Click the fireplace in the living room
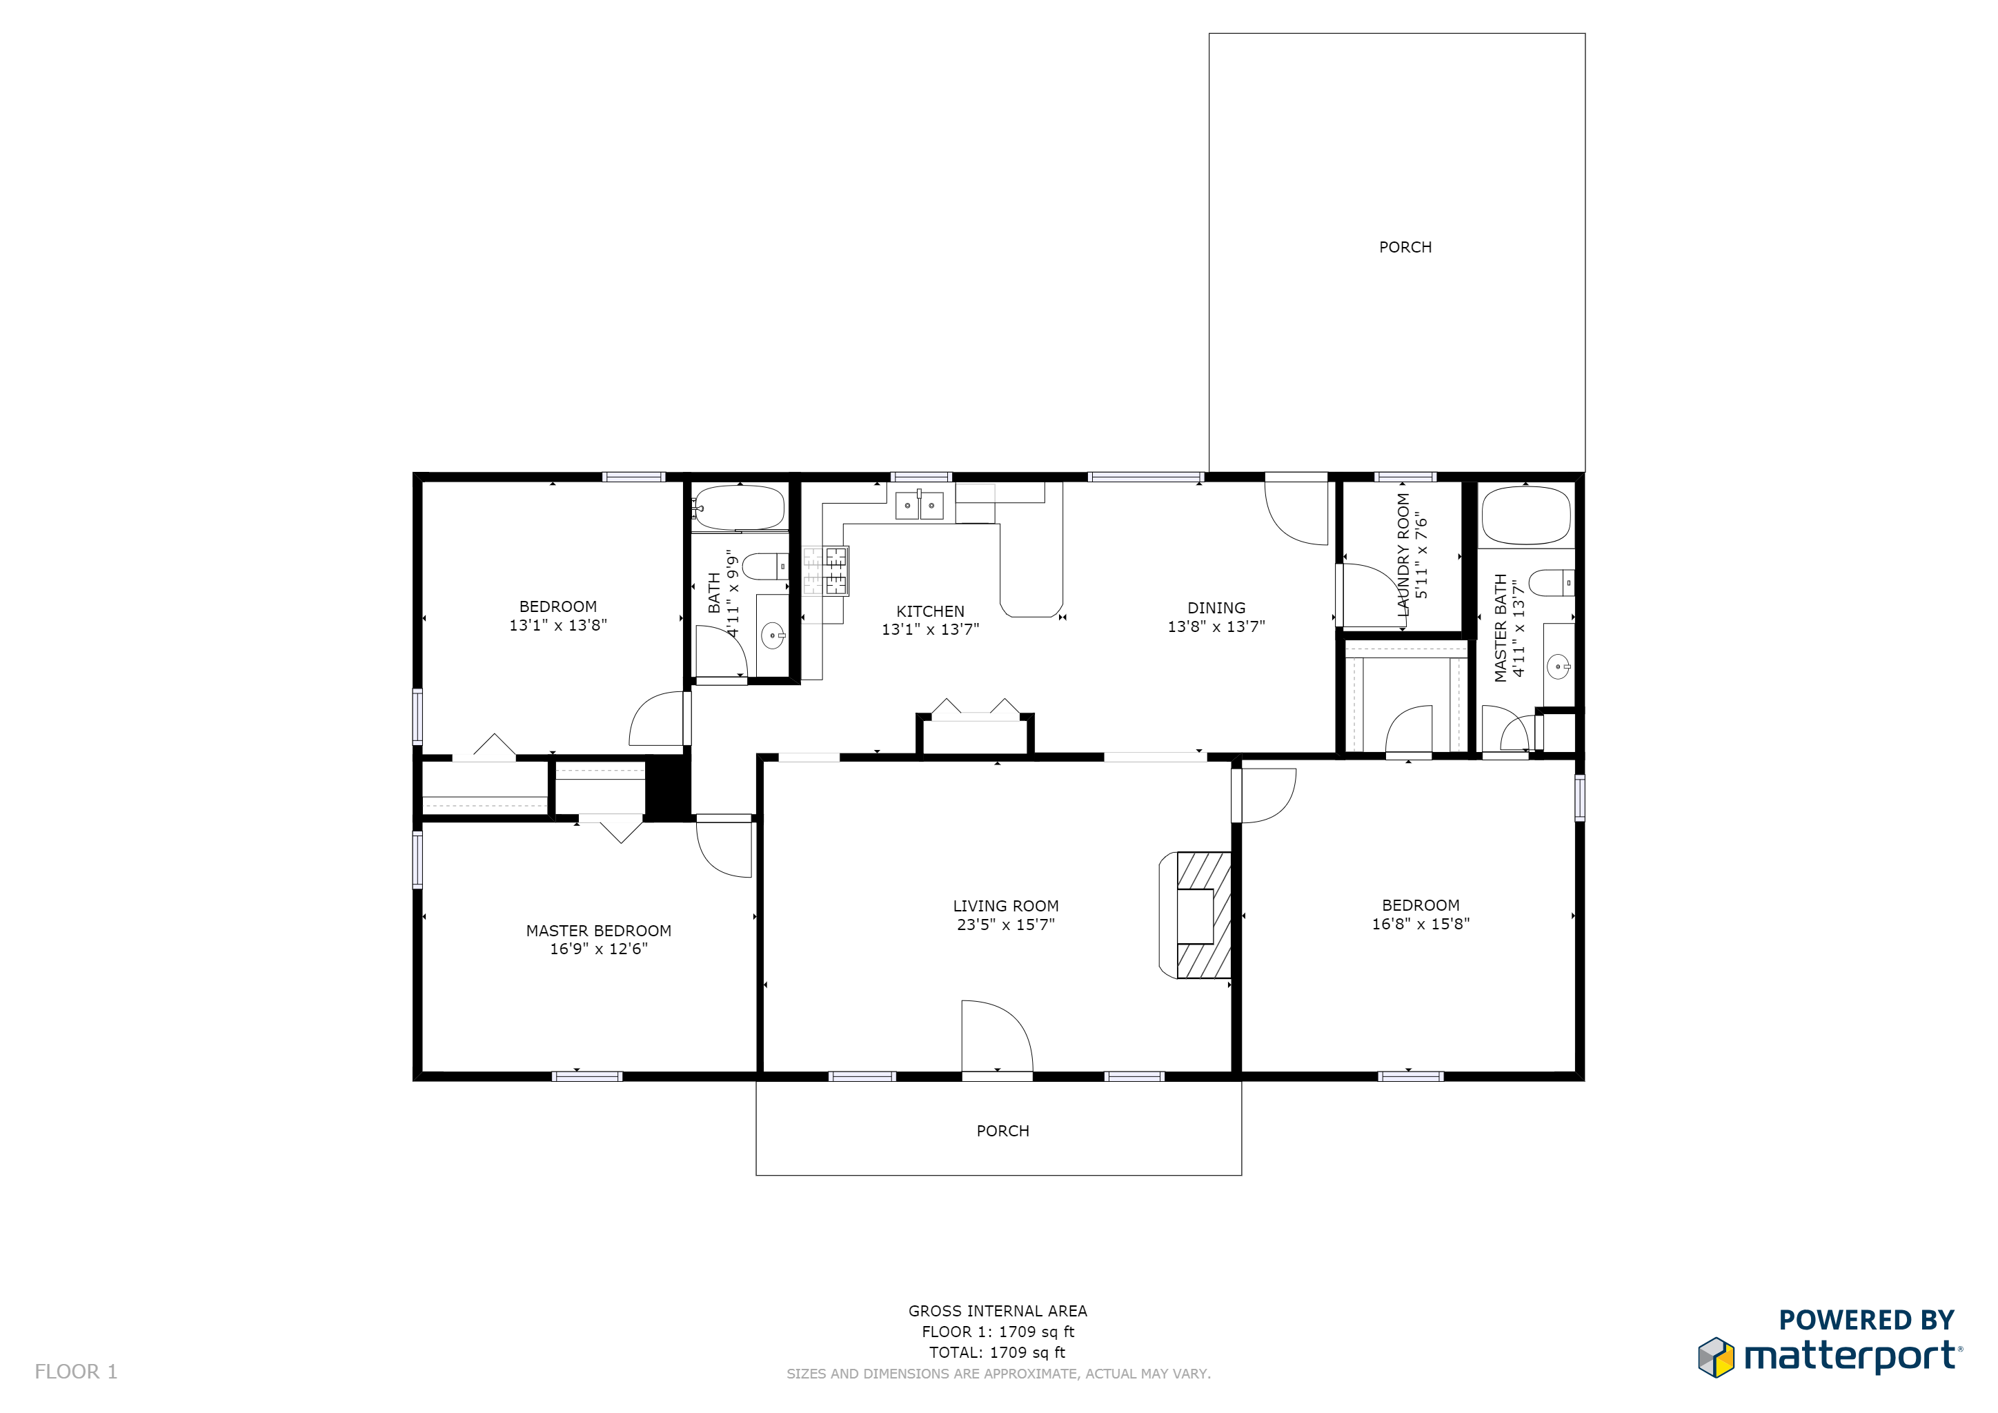point(1196,916)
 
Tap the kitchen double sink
point(920,504)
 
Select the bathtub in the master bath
point(1526,515)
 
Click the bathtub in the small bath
point(740,507)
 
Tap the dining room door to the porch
point(1296,513)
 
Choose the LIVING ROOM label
point(1006,906)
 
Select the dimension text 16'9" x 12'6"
point(599,949)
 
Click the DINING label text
point(1216,607)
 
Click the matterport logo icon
point(1716,1357)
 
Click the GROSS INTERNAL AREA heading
point(998,1310)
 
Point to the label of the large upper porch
point(1405,247)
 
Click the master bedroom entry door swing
point(724,849)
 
